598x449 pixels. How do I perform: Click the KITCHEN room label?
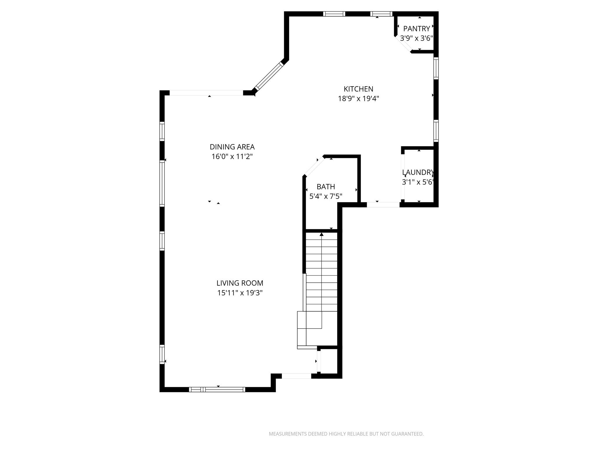point(358,89)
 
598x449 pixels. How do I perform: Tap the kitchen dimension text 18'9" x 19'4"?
point(358,99)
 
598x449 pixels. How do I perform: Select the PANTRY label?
point(416,29)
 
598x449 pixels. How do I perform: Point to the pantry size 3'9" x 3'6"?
point(416,38)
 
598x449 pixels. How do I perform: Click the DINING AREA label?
point(232,147)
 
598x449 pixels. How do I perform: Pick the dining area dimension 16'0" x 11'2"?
point(232,157)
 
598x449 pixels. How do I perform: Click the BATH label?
point(326,186)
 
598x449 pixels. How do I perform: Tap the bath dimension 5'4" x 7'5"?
point(326,196)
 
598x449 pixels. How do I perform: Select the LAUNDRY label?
point(418,172)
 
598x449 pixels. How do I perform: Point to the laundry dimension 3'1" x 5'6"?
point(418,182)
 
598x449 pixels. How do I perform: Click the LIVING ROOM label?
point(240,283)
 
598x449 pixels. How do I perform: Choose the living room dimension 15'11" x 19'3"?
point(240,293)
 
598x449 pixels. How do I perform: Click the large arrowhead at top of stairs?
point(321,234)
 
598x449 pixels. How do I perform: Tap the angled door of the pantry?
point(403,44)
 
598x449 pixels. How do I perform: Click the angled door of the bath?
point(314,166)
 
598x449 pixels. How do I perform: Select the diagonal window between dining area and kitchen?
point(269,76)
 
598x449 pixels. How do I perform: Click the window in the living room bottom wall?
point(217,389)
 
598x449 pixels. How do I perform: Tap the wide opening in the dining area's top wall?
point(206,93)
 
